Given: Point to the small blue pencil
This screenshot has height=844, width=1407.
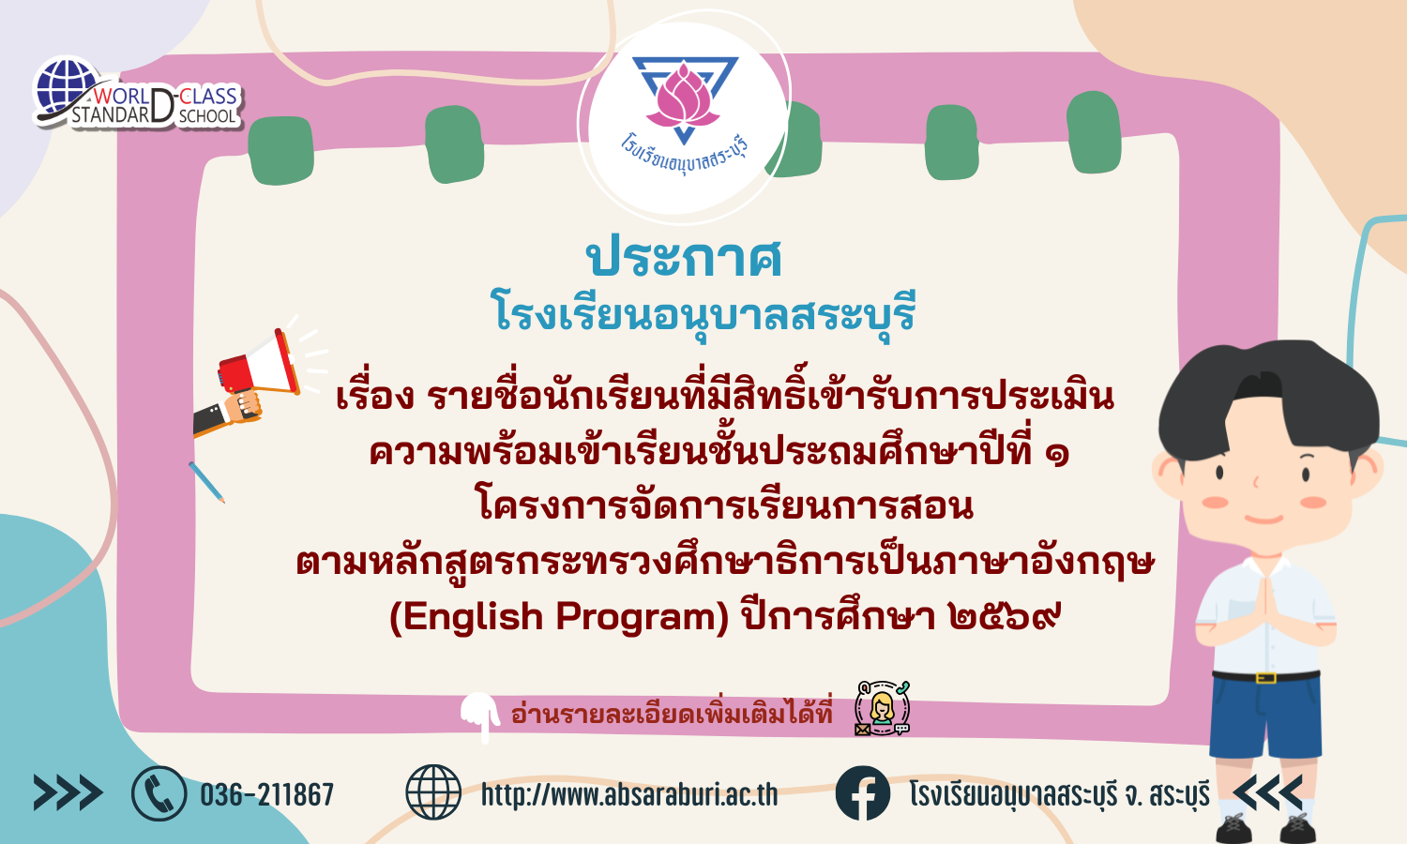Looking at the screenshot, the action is (206, 482).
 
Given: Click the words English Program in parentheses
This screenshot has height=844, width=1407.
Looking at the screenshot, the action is (560, 617).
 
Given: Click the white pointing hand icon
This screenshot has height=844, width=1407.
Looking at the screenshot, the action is (480, 716).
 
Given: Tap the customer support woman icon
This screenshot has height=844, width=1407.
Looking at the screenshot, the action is (882, 708).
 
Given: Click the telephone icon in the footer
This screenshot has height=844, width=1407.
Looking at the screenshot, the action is (159, 793).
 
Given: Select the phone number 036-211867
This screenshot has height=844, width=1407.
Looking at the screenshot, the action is (267, 794).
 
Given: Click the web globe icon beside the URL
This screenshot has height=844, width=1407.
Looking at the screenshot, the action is (433, 793).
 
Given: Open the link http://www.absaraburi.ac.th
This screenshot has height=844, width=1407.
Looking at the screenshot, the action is (629, 794).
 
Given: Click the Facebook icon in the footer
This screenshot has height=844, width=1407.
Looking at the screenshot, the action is (863, 793).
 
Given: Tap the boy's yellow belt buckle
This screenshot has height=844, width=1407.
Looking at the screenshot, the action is (1265, 678).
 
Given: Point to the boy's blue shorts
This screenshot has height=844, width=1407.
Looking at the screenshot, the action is (1265, 716).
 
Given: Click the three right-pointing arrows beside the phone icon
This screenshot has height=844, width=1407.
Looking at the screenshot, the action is (68, 793).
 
